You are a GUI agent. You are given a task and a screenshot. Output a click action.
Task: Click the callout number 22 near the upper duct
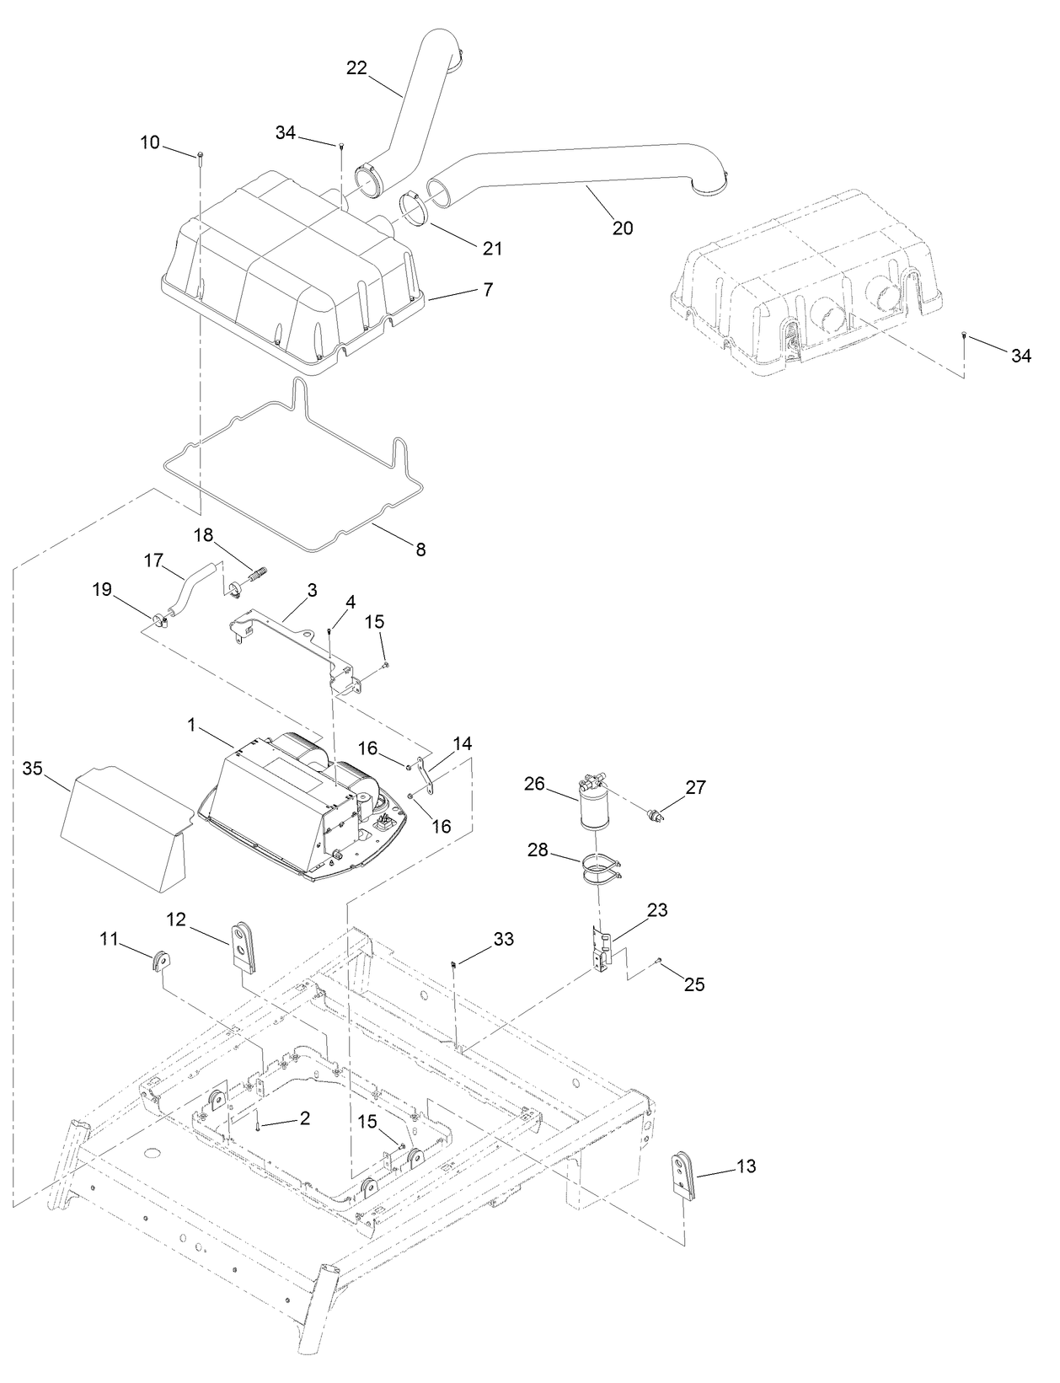point(356,68)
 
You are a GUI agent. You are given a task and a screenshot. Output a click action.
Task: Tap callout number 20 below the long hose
point(623,228)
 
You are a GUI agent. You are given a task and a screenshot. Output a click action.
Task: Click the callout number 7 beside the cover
point(488,289)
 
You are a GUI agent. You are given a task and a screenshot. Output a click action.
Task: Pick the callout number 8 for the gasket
point(420,549)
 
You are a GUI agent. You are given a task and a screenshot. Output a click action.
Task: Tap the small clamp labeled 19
point(160,622)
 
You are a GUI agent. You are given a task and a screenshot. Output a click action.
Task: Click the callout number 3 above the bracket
point(312,590)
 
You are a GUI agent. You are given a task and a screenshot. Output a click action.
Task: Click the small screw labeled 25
point(659,962)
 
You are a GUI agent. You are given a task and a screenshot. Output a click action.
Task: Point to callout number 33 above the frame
point(503,939)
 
